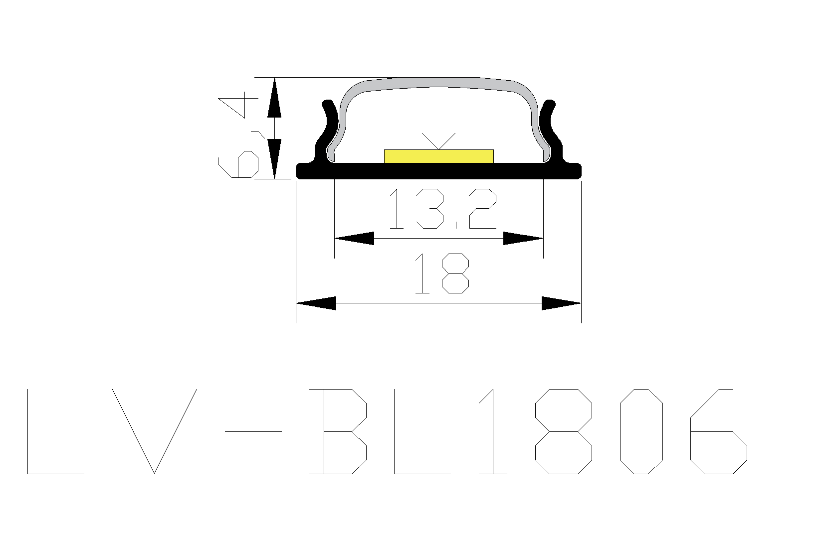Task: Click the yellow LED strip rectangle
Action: tap(438, 156)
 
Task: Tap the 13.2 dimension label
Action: tap(442, 208)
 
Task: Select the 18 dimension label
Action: tap(441, 273)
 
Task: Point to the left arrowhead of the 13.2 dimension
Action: tap(354, 238)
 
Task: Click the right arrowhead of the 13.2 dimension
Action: tap(523, 238)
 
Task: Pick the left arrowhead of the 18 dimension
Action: tap(316, 303)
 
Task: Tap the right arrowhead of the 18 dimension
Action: tap(561, 303)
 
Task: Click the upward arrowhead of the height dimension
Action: tap(274, 98)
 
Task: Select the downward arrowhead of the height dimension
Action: tap(274, 159)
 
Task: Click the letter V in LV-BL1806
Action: tap(154, 431)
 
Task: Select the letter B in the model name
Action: tap(338, 431)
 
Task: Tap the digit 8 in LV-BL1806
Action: tap(564, 431)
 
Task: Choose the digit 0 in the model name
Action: tap(641, 431)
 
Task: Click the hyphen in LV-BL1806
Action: tap(253, 431)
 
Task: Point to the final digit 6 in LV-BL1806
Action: tap(719, 431)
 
